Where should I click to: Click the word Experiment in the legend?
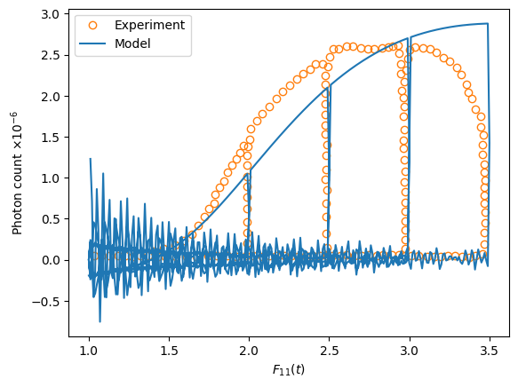tap(149, 25)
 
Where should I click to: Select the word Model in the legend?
tap(132, 43)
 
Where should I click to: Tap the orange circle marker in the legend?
tap(92, 25)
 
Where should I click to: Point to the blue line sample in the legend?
tap(92, 43)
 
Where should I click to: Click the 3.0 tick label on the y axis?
tap(51, 14)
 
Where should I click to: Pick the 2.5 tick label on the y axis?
tap(51, 55)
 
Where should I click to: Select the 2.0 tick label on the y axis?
tap(51, 97)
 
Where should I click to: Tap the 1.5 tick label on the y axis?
tap(51, 138)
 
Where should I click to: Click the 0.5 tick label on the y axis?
tap(51, 219)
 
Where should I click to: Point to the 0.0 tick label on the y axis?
tap(51, 260)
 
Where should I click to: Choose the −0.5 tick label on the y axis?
tap(45, 301)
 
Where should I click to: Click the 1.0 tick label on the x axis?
tap(89, 351)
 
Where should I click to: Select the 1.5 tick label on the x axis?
tap(169, 351)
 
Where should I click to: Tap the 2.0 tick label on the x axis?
tap(249, 351)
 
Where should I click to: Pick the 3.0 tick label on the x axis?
tap(410, 351)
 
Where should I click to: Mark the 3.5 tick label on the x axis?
tap(490, 351)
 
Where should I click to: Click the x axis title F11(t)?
tap(289, 369)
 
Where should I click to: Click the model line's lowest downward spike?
tap(100, 321)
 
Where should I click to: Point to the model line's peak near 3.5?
tap(488, 23)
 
